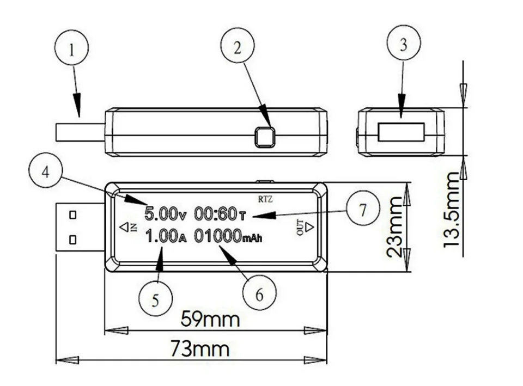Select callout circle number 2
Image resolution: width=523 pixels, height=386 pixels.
click(237, 47)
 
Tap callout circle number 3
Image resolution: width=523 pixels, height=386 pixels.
click(403, 45)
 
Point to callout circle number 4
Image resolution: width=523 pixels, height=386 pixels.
click(46, 173)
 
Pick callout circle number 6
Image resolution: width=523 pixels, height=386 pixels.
click(259, 295)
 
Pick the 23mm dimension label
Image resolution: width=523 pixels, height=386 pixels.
click(396, 227)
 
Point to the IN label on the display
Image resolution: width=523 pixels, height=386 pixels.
click(133, 227)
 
